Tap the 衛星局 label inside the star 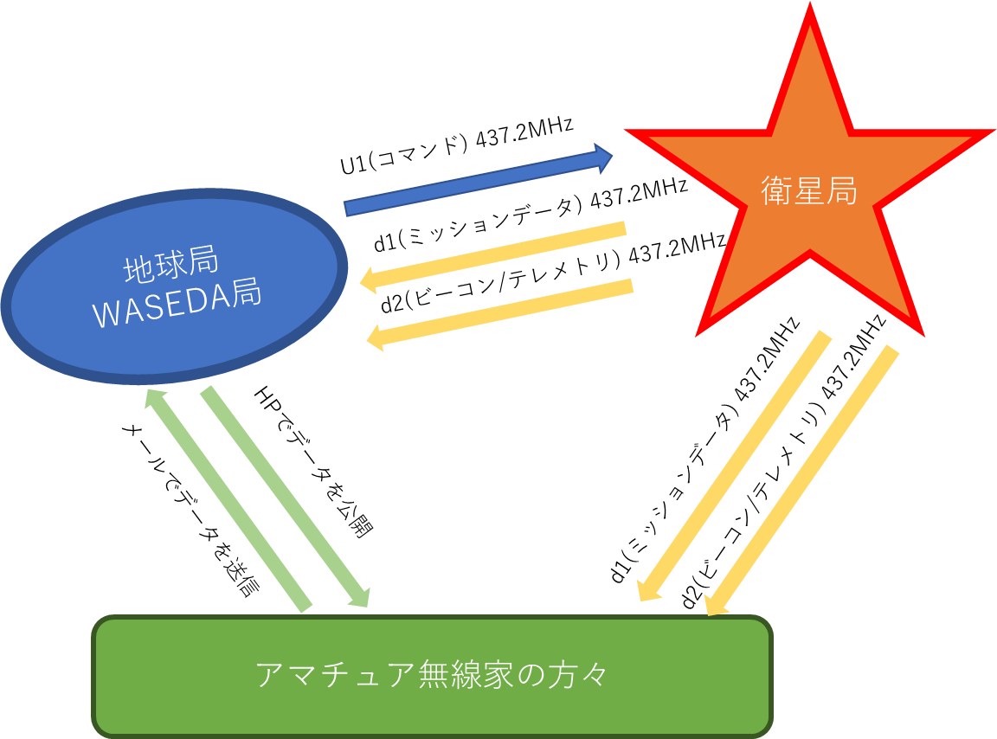click(x=809, y=191)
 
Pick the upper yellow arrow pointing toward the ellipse click(x=493, y=254)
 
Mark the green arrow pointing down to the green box click(x=286, y=497)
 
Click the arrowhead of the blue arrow click(x=603, y=158)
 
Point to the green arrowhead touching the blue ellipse click(x=154, y=398)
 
